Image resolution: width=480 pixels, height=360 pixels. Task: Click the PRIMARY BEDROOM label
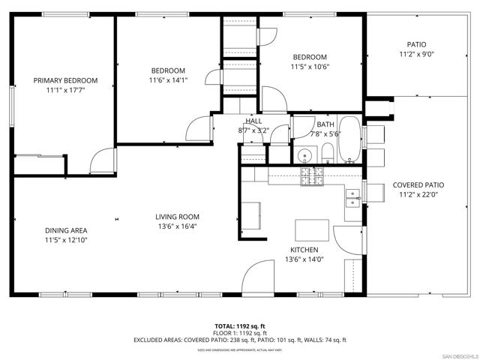[x=65, y=80]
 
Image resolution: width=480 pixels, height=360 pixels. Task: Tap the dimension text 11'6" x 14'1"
[x=167, y=80]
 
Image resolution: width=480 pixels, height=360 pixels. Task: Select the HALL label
[x=253, y=121]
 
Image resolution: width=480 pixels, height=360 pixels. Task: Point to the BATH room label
[x=325, y=124]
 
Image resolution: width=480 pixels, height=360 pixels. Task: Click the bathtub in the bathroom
[x=349, y=139]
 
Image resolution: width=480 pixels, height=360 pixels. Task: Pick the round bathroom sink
[x=304, y=156]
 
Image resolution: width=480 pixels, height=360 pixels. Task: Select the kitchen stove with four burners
[x=311, y=176]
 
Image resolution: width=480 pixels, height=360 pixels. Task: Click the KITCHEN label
[x=304, y=250]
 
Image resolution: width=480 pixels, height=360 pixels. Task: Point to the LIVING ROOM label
[x=178, y=217]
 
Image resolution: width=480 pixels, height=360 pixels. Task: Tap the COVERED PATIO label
[x=418, y=184]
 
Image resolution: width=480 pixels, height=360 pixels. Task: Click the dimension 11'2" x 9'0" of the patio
[x=415, y=54]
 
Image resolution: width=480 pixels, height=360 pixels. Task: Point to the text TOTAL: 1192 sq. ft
[x=239, y=326]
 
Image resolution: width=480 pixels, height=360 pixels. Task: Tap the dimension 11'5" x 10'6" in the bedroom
[x=310, y=67]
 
